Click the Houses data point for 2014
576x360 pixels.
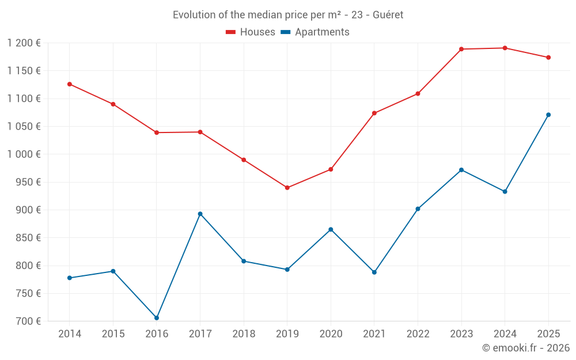point(70,84)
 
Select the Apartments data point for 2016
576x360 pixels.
point(157,318)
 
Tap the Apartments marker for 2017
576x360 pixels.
point(200,214)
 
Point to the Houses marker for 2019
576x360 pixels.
point(287,188)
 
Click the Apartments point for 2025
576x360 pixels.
point(548,115)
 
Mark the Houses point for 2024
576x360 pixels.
point(505,48)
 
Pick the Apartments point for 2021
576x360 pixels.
point(374,272)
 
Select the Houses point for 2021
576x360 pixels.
point(374,113)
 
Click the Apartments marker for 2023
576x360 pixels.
point(461,170)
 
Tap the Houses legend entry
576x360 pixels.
point(251,32)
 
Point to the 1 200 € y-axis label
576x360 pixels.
point(24,43)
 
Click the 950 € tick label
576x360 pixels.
point(28,182)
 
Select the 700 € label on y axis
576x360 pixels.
point(28,321)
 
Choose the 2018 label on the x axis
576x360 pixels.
point(244,334)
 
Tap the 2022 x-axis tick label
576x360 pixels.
point(418,334)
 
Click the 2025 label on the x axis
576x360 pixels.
point(548,334)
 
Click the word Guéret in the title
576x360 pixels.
point(388,15)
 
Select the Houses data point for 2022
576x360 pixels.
point(418,93)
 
